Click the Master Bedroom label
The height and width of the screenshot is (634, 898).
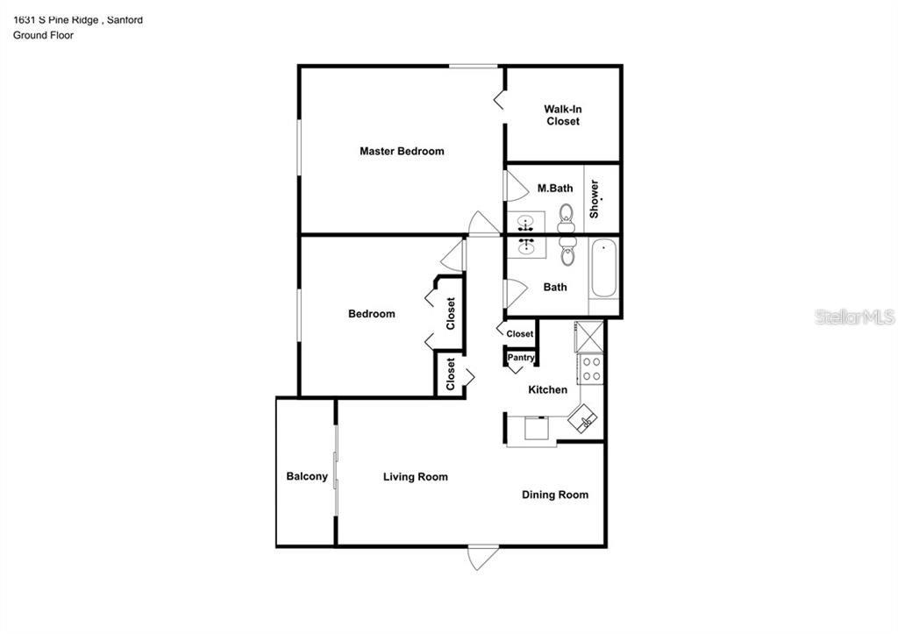click(x=402, y=151)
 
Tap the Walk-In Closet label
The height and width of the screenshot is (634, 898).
click(x=563, y=115)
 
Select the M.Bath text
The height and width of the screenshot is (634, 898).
click(x=555, y=188)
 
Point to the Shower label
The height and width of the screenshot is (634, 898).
click(x=595, y=199)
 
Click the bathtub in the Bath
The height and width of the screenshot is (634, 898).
click(x=603, y=269)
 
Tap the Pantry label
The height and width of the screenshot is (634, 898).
click(x=521, y=358)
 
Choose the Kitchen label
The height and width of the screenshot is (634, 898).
click(x=547, y=389)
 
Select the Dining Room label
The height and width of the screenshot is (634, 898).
click(x=555, y=495)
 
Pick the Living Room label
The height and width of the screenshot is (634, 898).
click(x=415, y=477)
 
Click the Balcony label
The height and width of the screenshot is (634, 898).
click(x=307, y=477)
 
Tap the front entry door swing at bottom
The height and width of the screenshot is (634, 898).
click(x=483, y=557)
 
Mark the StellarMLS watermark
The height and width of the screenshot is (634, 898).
click(x=854, y=317)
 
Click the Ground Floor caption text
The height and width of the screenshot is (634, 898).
click(x=43, y=35)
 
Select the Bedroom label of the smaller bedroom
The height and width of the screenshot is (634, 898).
click(x=371, y=314)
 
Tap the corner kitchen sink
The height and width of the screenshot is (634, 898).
click(x=585, y=419)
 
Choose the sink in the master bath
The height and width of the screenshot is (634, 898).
click(x=527, y=222)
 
